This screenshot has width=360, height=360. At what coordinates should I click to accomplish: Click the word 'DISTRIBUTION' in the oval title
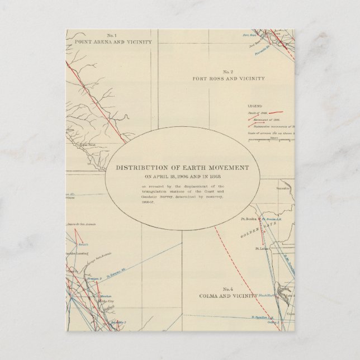click(139, 168)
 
